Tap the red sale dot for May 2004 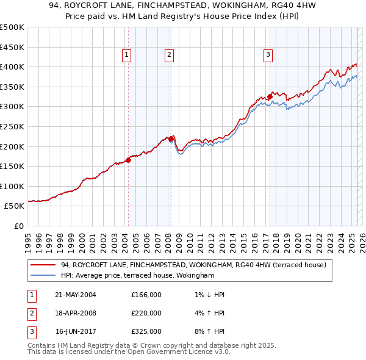pyautogui.click(x=129, y=160)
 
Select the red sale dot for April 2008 pyautogui.click(x=171, y=139)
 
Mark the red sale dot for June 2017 pyautogui.click(x=270, y=96)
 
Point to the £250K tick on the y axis pyautogui.click(x=12, y=126)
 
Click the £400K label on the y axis pyautogui.click(x=12, y=67)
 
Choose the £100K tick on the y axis pyautogui.click(x=12, y=186)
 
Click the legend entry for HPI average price pyautogui.click(x=137, y=276)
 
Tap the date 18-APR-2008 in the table pyautogui.click(x=76, y=313)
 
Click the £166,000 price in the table pyautogui.click(x=146, y=295)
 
